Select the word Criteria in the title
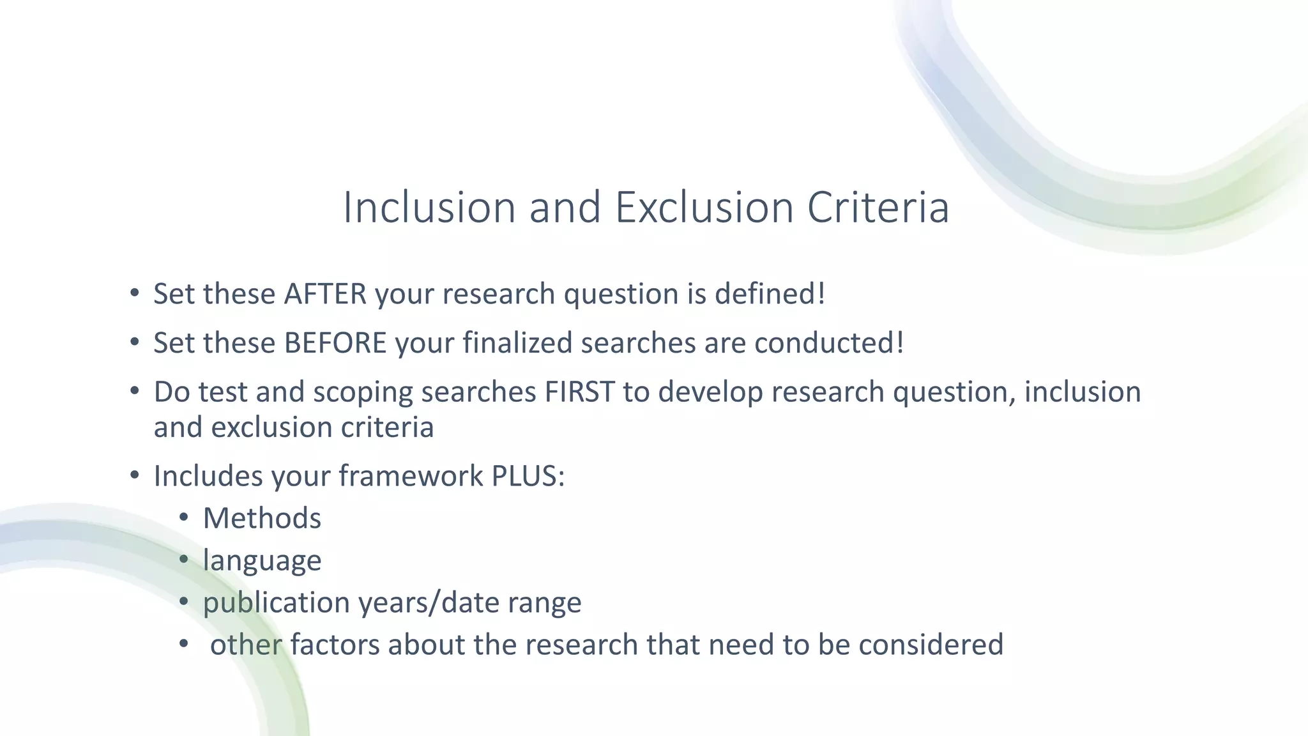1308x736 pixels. pyautogui.click(x=878, y=208)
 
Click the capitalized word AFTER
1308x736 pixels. pyautogui.click(x=325, y=294)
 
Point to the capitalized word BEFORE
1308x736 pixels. pyautogui.click(x=335, y=343)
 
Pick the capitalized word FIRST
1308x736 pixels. pyautogui.click(x=579, y=392)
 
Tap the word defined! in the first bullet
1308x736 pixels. pyautogui.click(x=770, y=294)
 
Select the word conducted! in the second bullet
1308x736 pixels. pyautogui.click(x=829, y=343)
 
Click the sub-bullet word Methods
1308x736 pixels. pyautogui.click(x=262, y=518)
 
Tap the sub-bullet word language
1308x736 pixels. pyautogui.click(x=262, y=561)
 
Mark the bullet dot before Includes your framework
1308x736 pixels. pyautogui.click(x=134, y=475)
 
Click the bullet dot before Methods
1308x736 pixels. pyautogui.click(x=184, y=517)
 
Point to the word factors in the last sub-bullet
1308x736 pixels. pyautogui.click(x=335, y=645)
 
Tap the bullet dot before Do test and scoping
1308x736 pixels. pyautogui.click(x=134, y=391)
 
